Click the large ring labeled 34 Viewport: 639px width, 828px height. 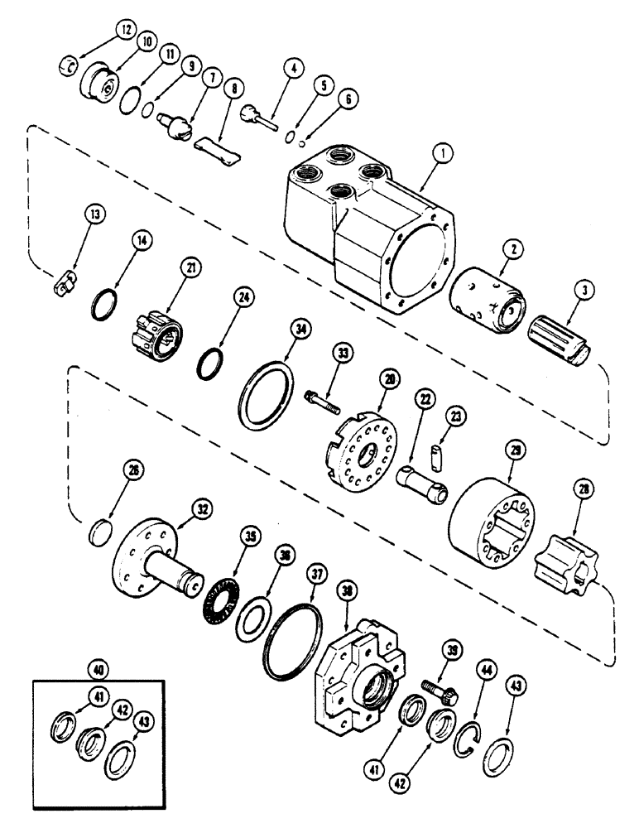pos(266,388)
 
